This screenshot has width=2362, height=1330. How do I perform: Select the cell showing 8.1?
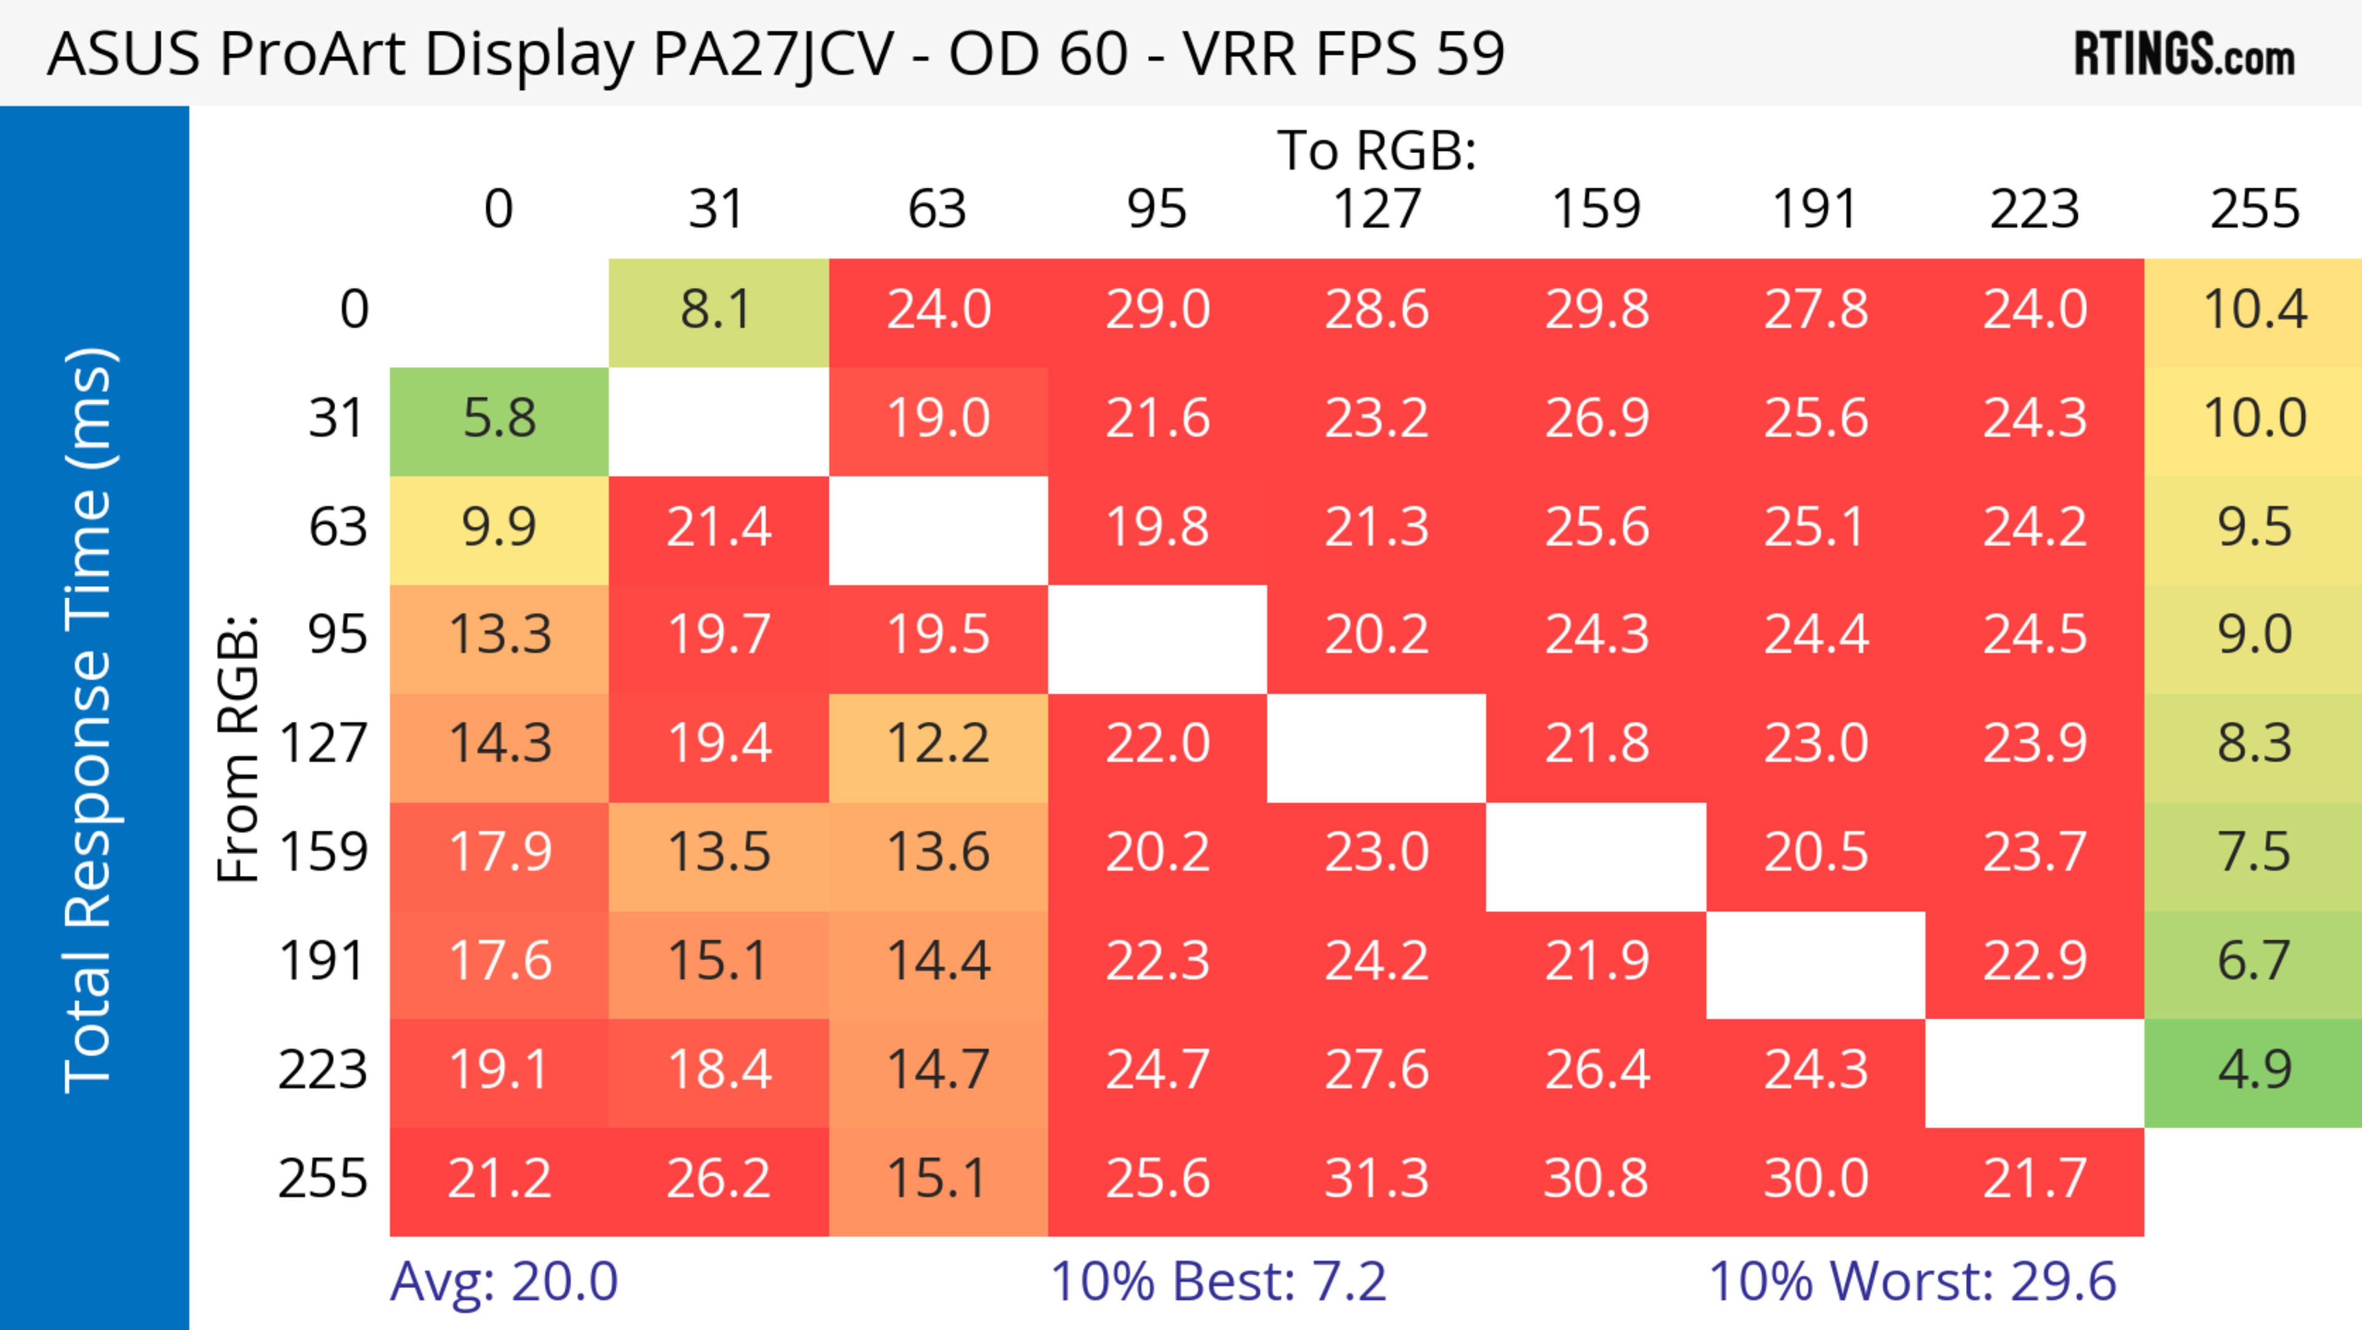(x=718, y=311)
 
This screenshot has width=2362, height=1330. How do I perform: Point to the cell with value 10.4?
(x=2254, y=311)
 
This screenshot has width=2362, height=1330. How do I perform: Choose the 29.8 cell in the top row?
(x=1596, y=311)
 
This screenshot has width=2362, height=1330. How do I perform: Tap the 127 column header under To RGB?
(x=1377, y=210)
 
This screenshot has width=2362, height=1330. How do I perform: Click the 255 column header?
(x=2254, y=210)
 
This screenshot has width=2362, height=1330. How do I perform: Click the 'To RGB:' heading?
(x=1377, y=150)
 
